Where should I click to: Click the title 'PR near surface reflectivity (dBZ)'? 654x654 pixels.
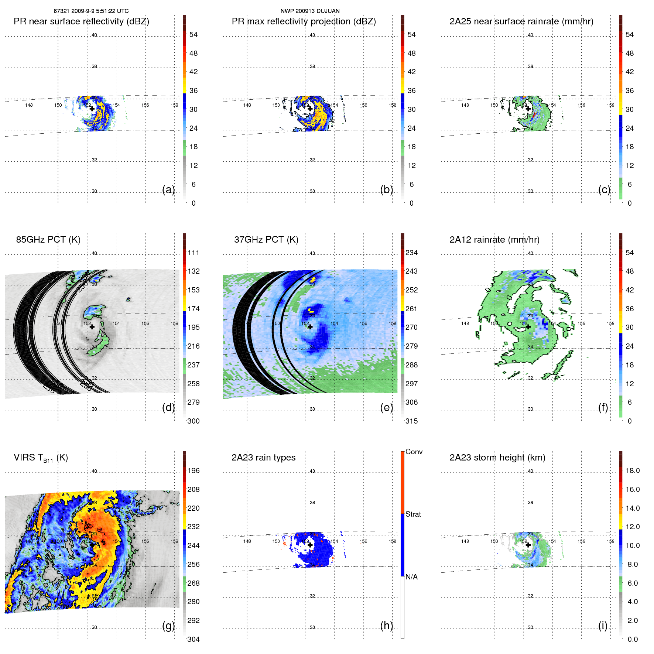(81, 21)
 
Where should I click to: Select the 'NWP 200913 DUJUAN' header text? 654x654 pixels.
(310, 11)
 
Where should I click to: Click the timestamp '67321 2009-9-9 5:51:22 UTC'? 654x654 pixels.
(91, 11)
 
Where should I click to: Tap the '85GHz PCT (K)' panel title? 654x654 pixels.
(48, 240)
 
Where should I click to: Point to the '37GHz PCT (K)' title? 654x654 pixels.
(266, 240)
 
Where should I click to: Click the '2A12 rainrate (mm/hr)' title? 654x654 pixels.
(494, 240)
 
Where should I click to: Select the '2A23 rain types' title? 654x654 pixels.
(263, 458)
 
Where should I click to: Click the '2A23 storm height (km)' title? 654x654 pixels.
(497, 458)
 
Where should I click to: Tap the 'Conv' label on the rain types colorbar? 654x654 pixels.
(414, 452)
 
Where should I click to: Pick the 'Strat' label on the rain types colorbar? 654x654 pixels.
(413, 514)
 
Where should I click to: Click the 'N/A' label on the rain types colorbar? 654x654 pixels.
(411, 577)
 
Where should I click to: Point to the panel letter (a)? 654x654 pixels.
(168, 189)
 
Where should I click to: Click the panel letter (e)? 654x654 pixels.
(386, 407)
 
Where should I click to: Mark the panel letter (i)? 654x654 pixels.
(603, 626)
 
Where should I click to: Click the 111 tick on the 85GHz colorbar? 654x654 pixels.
(193, 253)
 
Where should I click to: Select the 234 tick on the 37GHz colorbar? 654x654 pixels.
(411, 253)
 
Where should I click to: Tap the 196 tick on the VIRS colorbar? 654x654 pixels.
(193, 470)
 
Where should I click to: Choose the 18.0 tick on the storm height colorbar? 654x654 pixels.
(632, 470)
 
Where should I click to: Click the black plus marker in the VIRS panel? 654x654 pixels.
(92, 545)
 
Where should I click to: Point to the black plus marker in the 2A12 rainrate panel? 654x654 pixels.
(528, 327)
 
